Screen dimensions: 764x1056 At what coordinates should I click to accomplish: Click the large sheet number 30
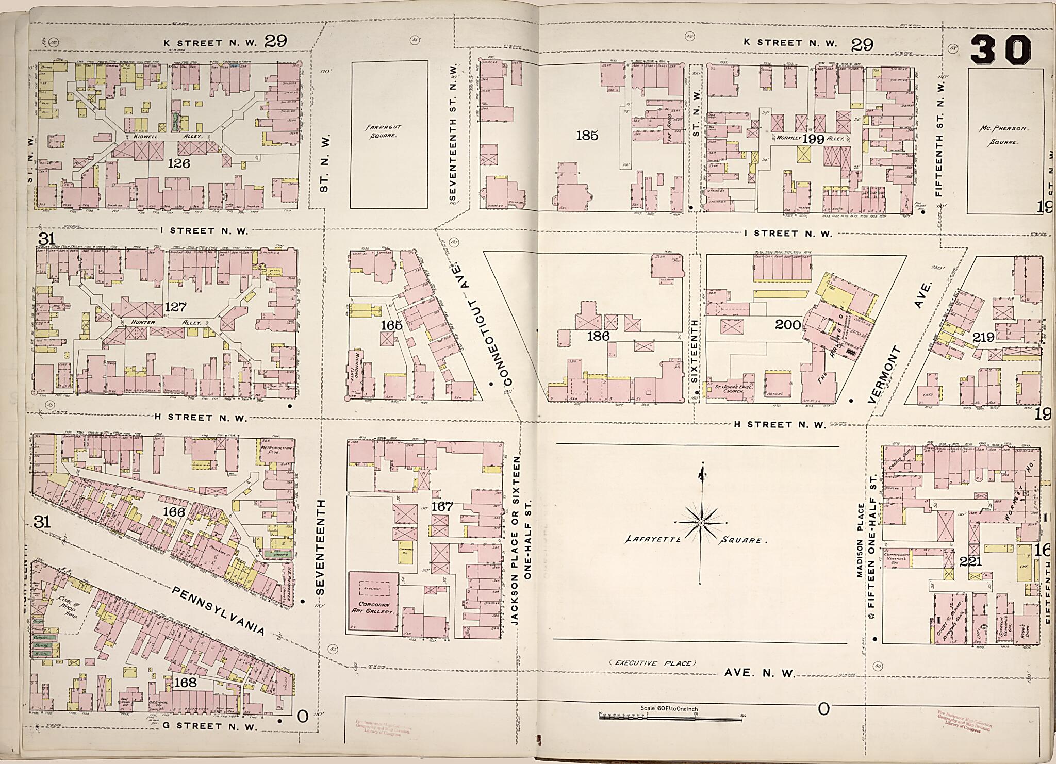coord(1000,50)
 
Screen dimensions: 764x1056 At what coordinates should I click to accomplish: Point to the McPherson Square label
coord(1002,136)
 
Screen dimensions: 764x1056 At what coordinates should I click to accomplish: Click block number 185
coord(587,136)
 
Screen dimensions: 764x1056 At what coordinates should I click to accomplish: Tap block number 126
coord(179,163)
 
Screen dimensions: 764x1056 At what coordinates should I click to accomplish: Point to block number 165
coord(391,325)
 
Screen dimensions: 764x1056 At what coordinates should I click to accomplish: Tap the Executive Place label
coord(652,663)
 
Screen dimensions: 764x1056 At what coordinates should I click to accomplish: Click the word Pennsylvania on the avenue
coord(219,610)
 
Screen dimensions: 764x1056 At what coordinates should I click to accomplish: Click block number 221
coord(970,561)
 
